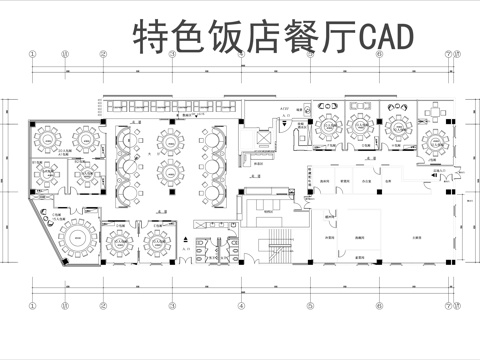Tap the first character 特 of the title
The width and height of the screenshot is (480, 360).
(x=151, y=37)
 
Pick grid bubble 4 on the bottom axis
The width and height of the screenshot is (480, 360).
(x=240, y=305)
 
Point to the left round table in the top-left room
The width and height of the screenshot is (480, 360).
(x=47, y=134)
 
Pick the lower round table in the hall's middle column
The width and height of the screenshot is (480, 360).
(x=169, y=187)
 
